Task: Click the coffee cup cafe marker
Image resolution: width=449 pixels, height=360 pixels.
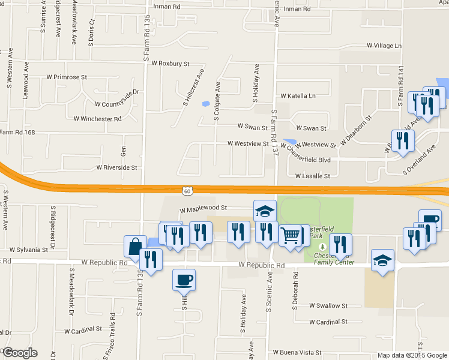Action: (184, 279)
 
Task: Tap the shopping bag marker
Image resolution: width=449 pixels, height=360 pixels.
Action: (135, 245)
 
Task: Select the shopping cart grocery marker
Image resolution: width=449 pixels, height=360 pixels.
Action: (291, 235)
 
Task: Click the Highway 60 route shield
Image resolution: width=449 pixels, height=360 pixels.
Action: (188, 191)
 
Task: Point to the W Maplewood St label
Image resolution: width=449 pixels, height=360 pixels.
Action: (203, 208)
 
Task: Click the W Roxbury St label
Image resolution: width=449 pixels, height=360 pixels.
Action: (170, 63)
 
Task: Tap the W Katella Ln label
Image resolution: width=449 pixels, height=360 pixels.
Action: (298, 96)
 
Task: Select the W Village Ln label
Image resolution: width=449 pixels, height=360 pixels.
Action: (384, 46)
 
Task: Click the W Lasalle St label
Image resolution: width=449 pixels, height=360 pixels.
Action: (313, 176)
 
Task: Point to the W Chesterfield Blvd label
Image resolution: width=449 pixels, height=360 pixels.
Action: (306, 160)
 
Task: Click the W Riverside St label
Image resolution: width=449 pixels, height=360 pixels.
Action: (117, 168)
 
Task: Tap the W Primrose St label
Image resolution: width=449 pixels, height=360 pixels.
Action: (67, 77)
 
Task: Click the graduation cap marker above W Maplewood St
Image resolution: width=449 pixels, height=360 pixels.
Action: (265, 211)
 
